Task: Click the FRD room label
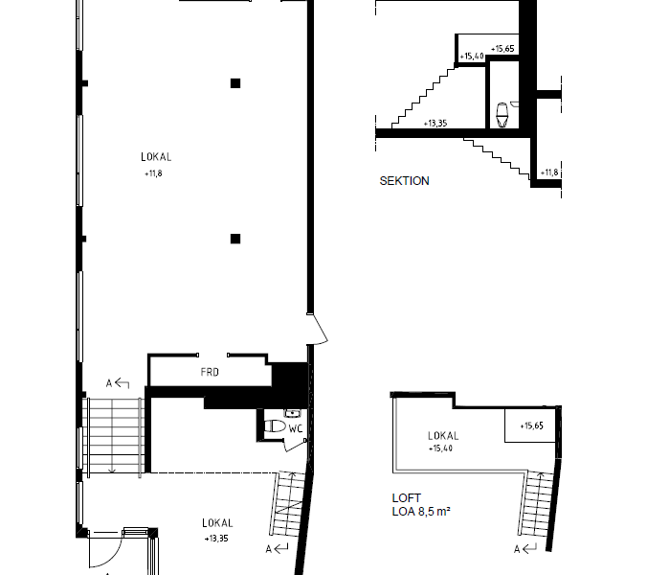click(210, 372)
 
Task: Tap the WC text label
click(296, 428)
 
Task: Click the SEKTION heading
click(404, 181)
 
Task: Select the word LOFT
click(407, 497)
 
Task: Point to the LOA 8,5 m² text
click(421, 512)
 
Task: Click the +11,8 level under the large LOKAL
click(153, 173)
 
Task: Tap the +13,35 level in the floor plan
click(216, 539)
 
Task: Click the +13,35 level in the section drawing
click(435, 123)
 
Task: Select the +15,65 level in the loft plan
click(531, 425)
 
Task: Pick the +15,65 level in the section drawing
click(502, 49)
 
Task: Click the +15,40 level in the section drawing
click(472, 56)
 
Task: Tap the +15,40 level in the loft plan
click(440, 448)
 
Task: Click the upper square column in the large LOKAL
click(235, 83)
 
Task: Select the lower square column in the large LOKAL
click(235, 239)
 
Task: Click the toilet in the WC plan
click(275, 425)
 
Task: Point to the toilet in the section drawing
click(502, 115)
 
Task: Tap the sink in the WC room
click(292, 413)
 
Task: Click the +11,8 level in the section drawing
click(549, 172)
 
